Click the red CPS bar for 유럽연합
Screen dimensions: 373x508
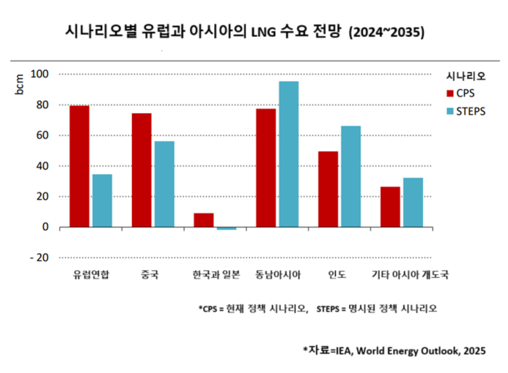(79, 166)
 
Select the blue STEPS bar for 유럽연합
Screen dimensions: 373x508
(102, 200)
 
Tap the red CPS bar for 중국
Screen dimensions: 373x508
(142, 170)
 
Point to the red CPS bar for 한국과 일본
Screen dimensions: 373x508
(203, 220)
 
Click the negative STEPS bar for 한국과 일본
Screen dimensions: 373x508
(226, 228)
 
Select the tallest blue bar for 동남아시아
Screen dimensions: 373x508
(288, 154)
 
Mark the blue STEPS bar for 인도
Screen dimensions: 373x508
(351, 176)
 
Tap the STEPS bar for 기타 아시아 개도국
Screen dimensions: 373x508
(412, 202)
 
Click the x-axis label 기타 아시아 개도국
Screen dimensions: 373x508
(413, 275)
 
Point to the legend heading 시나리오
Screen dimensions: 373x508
(466, 75)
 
